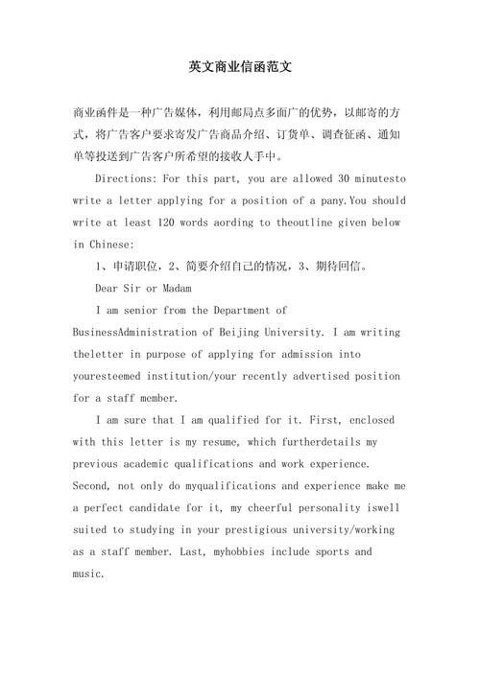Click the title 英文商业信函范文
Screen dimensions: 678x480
click(x=240, y=69)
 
